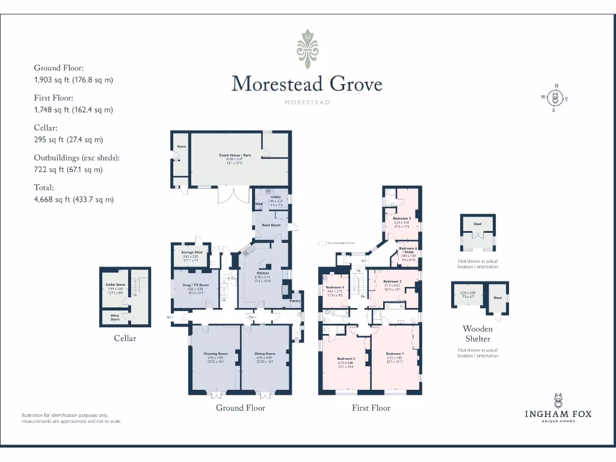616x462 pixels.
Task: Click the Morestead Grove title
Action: tap(307, 84)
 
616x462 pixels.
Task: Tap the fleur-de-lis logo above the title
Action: tap(307, 49)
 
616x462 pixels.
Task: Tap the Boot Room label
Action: tap(271, 225)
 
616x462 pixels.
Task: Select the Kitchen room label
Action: tap(263, 273)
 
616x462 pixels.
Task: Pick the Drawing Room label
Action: tap(215, 354)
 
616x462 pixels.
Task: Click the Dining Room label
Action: tap(265, 354)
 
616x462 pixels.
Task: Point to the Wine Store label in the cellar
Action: tap(114, 317)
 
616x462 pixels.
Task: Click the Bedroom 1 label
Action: tap(394, 354)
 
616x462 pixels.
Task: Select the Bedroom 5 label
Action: tap(402, 218)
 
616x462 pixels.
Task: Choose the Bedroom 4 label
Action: tap(334, 288)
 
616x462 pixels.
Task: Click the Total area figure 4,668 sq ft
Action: tap(73, 199)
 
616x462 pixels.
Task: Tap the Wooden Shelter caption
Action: tap(478, 334)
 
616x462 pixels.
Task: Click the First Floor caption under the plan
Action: tap(371, 408)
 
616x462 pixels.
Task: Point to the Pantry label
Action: tap(295, 301)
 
